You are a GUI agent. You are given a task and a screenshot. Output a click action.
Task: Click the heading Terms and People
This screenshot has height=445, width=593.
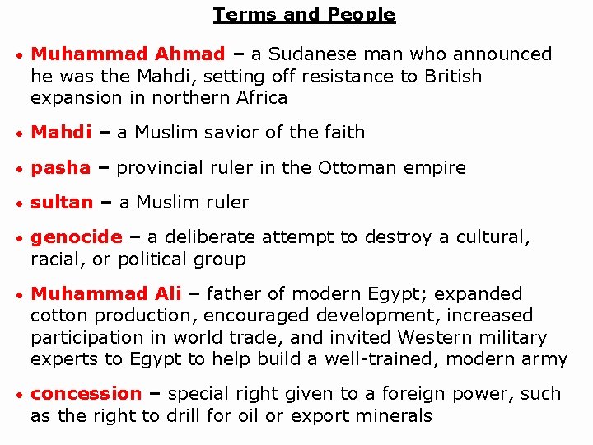[x=304, y=14]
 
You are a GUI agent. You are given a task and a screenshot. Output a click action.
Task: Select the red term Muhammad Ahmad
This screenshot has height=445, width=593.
[x=128, y=54]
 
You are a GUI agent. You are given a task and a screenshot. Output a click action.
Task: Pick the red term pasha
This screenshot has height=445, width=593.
[x=60, y=168]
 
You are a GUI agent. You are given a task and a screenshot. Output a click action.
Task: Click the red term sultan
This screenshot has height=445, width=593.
[x=62, y=203]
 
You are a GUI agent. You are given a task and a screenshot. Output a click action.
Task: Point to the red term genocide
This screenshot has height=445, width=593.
[x=76, y=237]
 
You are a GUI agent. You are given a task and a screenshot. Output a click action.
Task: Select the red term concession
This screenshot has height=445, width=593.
[x=86, y=394]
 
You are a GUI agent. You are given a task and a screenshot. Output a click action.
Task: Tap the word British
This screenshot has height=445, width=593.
[x=452, y=76]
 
